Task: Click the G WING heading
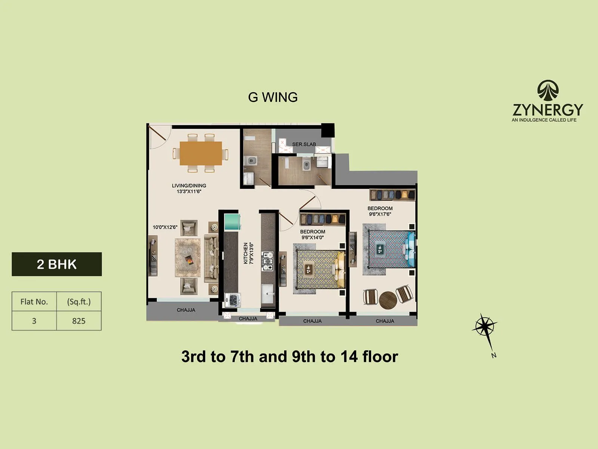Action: click(273, 97)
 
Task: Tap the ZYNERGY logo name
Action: click(548, 110)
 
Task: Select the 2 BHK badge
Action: click(57, 264)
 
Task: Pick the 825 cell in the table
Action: click(79, 321)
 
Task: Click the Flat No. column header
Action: click(34, 302)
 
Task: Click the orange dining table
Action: click(201, 153)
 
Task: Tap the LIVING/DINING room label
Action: click(189, 186)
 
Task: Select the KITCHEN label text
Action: click(246, 253)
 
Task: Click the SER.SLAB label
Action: click(304, 144)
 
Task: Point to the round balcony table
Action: click(388, 300)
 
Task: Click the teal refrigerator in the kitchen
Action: click(232, 222)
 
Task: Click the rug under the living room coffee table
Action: click(188, 258)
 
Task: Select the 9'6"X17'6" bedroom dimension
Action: click(380, 214)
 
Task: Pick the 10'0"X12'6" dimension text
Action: click(165, 227)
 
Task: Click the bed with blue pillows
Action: click(391, 249)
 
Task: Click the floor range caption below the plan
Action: click(290, 357)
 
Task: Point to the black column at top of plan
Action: click(328, 130)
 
